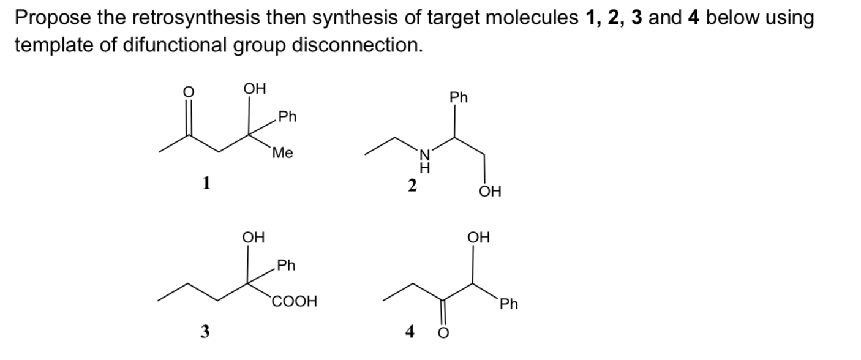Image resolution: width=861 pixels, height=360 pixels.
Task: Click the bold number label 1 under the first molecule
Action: [x=206, y=182]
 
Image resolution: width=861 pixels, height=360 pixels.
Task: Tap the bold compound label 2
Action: [x=412, y=185]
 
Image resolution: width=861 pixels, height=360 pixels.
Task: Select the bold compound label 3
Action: [x=205, y=331]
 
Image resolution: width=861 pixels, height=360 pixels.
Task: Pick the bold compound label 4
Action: [x=410, y=331]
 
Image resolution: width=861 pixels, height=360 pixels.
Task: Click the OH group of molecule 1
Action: [x=255, y=89]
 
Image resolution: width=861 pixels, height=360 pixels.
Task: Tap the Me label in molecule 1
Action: [x=282, y=153]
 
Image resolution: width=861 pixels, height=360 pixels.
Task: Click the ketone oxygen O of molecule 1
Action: [x=189, y=91]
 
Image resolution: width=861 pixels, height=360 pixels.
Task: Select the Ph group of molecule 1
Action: [x=287, y=116]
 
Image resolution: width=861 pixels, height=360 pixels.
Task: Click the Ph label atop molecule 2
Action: [x=459, y=97]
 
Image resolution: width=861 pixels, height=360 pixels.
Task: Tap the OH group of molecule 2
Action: [x=490, y=192]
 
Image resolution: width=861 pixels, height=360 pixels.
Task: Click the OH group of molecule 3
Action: [x=254, y=236]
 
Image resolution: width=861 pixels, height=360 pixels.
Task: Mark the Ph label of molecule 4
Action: [x=508, y=304]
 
